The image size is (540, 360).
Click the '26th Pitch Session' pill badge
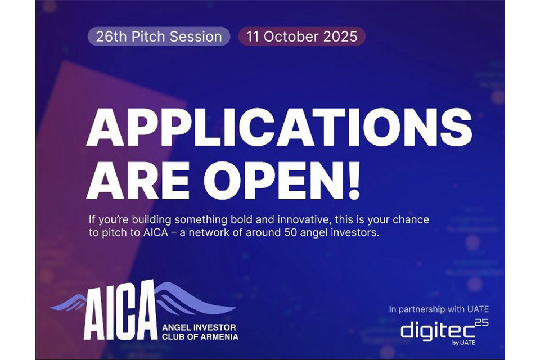pyautogui.click(x=159, y=37)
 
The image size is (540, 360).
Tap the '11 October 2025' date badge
pyautogui.click(x=301, y=37)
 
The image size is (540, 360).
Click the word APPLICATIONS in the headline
pyautogui.click(x=280, y=127)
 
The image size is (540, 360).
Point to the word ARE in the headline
pyautogui.click(x=138, y=180)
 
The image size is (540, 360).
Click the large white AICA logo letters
pyautogui.click(x=120, y=311)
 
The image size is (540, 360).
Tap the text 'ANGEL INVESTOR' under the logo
pyautogui.click(x=199, y=327)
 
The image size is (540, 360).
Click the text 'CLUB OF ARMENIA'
pyautogui.click(x=200, y=336)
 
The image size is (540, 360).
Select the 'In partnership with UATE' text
pyautogui.click(x=439, y=309)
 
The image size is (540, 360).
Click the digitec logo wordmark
pyautogui.click(x=438, y=331)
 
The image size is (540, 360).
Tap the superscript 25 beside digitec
pyautogui.click(x=482, y=323)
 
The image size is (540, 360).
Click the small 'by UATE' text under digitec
pyautogui.click(x=463, y=343)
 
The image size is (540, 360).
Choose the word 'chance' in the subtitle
pyautogui.click(x=411, y=220)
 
